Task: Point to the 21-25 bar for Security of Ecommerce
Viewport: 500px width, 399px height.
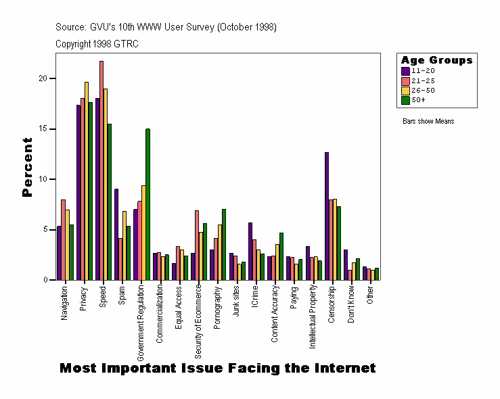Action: point(197,245)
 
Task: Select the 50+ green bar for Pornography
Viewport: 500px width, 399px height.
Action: point(224,244)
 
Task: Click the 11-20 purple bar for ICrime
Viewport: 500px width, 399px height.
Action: point(250,251)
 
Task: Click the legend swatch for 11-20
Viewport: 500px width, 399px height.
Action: point(405,70)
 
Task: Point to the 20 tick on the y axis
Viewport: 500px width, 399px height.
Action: point(46,78)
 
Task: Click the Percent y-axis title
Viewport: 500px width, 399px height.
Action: point(28,167)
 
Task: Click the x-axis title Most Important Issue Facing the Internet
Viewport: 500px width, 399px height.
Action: point(217,369)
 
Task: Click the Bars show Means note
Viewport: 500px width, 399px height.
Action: point(428,122)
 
